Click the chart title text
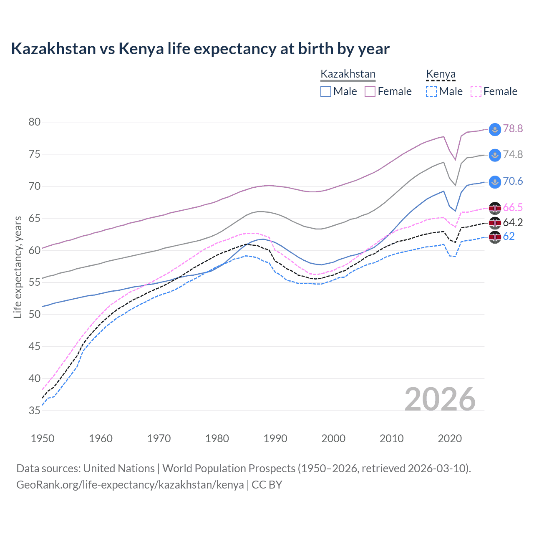[200, 49]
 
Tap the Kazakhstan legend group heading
[348, 74]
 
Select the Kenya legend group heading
[441, 74]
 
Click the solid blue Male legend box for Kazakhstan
[326, 91]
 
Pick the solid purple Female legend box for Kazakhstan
[370, 91]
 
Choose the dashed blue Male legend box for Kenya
[431, 91]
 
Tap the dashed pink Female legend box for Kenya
[476, 91]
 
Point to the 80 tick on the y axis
[35, 122]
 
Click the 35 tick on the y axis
[35, 411]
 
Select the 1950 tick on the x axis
[43, 438]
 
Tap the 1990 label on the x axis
[275, 438]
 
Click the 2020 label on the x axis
[450, 438]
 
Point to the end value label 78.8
[513, 129]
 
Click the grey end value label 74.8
[513, 155]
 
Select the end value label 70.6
[513, 181]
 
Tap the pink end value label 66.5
[513, 208]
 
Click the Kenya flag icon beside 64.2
[495, 223]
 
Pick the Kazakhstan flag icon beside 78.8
[495, 129]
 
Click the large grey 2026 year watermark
[440, 399]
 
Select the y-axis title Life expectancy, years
[18, 267]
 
